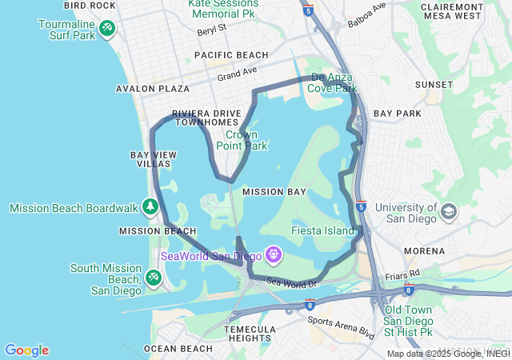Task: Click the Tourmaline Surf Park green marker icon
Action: (x=106, y=30)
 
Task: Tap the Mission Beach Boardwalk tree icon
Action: (x=150, y=208)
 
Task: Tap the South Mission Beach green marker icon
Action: (x=152, y=278)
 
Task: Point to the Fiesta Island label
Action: (x=327, y=231)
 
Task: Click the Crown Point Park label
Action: (x=242, y=141)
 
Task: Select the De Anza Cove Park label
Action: (x=332, y=83)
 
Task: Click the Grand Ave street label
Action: (x=237, y=74)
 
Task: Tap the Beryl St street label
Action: (x=212, y=31)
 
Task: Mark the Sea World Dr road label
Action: (x=293, y=282)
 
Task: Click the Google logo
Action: (x=26, y=350)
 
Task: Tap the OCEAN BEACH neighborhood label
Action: (x=178, y=349)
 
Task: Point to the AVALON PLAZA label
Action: (x=153, y=89)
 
